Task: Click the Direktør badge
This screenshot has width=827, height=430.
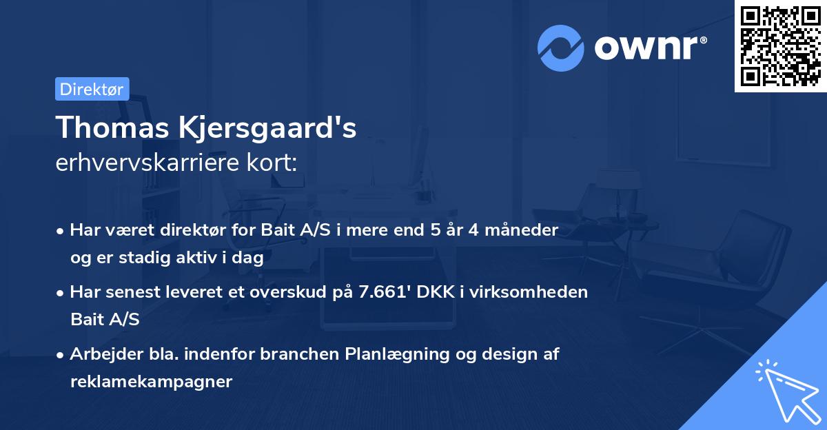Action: [92, 89]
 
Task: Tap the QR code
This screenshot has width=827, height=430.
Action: [780, 46]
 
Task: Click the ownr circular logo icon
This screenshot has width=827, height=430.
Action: [562, 48]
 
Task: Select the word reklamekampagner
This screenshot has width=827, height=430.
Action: [151, 382]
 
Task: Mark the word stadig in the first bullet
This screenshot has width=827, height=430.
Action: [134, 258]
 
